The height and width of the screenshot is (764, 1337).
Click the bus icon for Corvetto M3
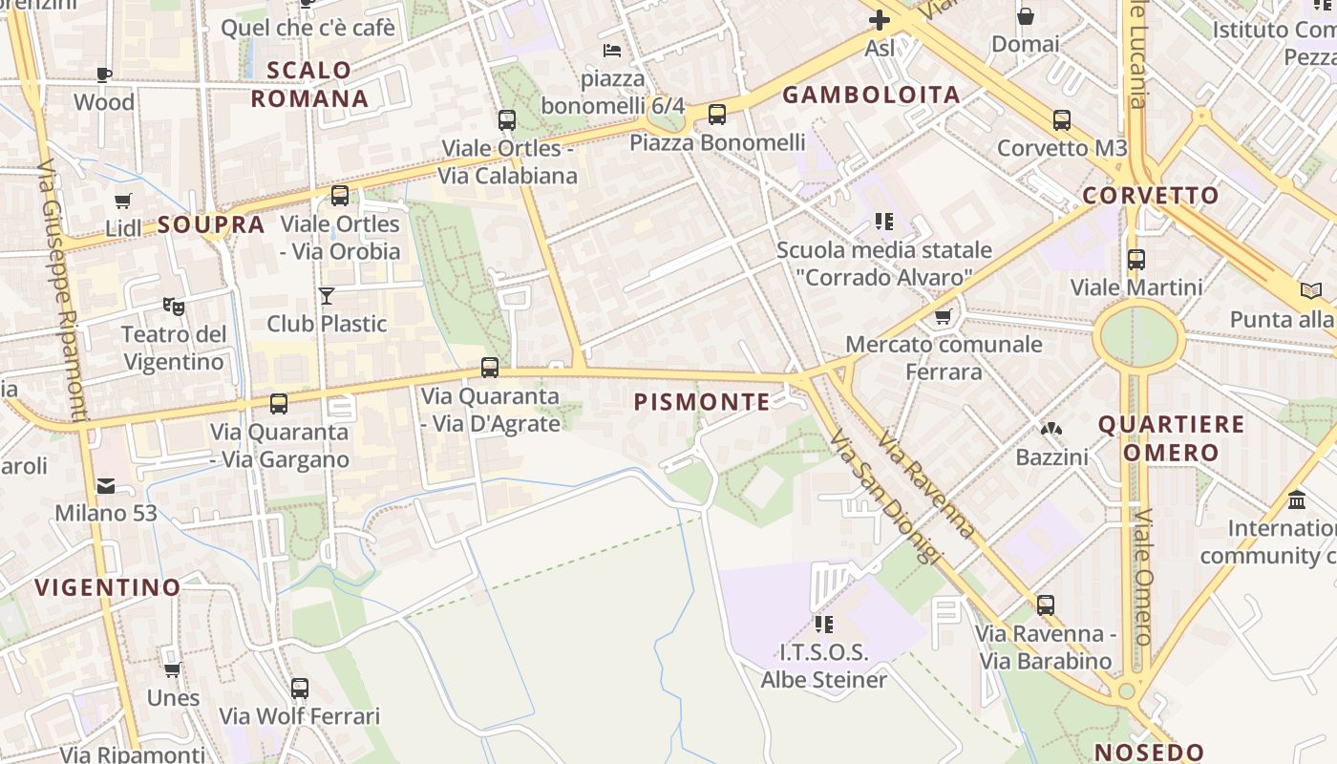tap(1061, 120)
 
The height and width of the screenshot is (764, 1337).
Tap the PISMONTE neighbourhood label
tap(702, 402)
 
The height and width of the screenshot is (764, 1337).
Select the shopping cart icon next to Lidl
tap(122, 201)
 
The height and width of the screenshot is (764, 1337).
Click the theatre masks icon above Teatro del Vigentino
tap(173, 307)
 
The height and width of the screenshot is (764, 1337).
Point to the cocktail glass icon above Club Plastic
tap(327, 295)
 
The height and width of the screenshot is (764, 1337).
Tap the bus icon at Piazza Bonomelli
tap(717, 115)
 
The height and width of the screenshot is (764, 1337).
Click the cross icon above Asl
tap(879, 19)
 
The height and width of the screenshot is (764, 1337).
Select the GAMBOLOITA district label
tap(871, 95)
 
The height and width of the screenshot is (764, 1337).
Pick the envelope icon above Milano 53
tap(105, 486)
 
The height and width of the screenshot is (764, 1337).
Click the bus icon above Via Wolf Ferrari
tap(299, 688)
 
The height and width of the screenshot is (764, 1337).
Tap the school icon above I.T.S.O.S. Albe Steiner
tap(823, 625)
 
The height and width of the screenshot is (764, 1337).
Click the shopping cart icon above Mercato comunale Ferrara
tap(944, 316)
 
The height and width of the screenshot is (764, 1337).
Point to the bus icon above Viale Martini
tap(1135, 260)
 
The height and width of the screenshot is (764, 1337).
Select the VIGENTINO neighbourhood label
tap(108, 587)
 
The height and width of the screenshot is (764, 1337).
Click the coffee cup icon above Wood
tap(104, 74)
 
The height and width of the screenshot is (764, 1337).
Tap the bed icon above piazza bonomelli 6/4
tap(612, 50)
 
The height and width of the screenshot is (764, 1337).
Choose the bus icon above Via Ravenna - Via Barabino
tap(1046, 605)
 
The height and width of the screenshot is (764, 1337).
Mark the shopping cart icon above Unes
tap(172, 669)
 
